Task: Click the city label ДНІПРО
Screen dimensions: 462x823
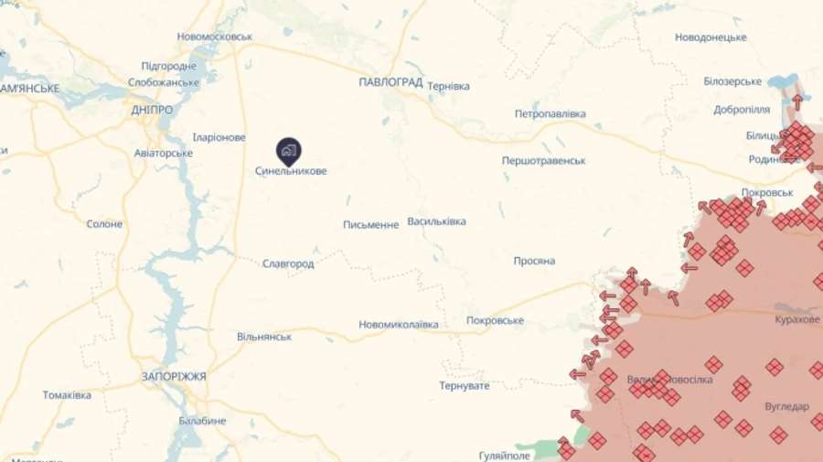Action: point(152,110)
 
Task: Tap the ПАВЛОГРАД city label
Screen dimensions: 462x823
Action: point(390,82)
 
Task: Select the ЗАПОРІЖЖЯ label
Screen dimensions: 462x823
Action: point(174,376)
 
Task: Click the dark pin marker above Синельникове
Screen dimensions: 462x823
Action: point(289,150)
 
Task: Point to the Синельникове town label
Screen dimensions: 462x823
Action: point(291,171)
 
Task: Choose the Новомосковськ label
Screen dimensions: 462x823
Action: point(215,37)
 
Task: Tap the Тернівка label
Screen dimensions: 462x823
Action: point(448,86)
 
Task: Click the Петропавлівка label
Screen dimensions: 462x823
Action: point(550,114)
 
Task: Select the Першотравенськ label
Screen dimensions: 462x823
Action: point(543,160)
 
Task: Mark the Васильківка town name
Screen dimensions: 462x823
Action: point(436,221)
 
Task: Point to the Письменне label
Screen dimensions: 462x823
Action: point(370,225)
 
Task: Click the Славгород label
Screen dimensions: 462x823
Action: point(288,263)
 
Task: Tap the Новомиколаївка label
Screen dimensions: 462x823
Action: point(398,325)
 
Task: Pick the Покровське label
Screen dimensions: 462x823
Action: point(495,320)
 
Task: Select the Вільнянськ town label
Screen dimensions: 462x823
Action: point(264,337)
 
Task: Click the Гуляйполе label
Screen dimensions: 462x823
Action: point(504,455)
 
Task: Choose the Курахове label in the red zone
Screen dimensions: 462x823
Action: point(797,319)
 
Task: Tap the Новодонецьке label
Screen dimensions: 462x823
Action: point(711,38)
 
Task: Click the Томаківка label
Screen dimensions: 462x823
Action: point(67,395)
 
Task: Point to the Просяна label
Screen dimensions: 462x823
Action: point(534,261)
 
